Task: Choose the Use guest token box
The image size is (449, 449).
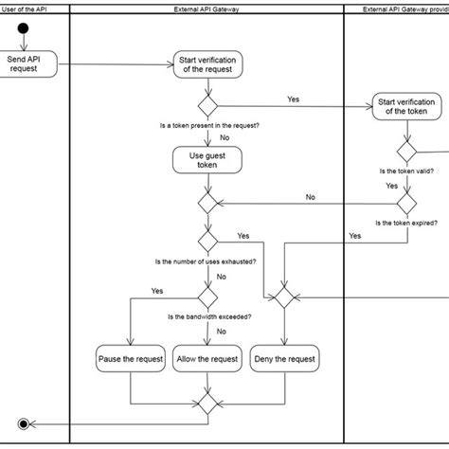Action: point(207,160)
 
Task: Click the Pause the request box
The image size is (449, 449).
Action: point(131,359)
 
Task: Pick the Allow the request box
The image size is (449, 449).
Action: point(207,359)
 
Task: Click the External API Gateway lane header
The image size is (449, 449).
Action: point(207,9)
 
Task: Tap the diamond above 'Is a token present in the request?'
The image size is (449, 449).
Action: point(207,105)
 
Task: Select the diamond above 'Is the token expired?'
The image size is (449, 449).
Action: point(407,204)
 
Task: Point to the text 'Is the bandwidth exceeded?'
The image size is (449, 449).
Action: point(207,316)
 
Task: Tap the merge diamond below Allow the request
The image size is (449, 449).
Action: point(207,401)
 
